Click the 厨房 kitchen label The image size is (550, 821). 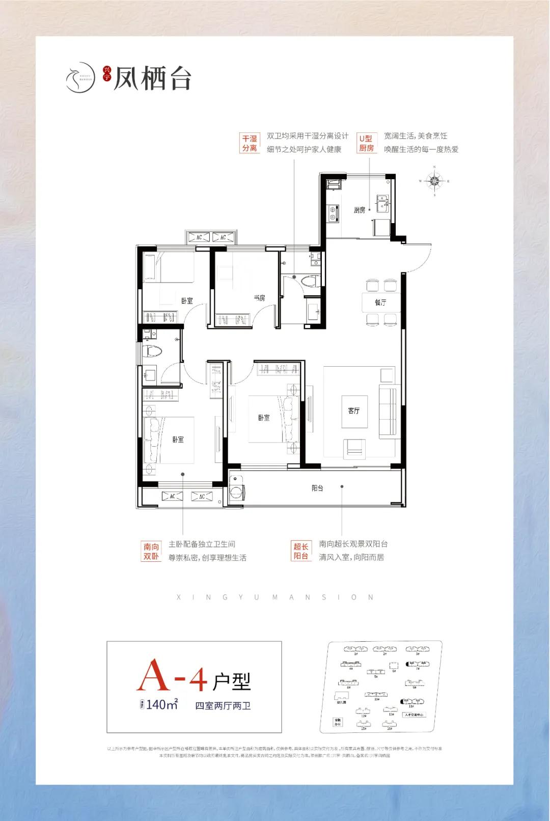[x=360, y=210]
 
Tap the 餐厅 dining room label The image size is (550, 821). [x=381, y=302]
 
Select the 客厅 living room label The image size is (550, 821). [x=354, y=410]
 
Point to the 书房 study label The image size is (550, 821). [x=259, y=298]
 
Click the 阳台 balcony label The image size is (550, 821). [x=317, y=488]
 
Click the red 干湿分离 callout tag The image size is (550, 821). [x=250, y=143]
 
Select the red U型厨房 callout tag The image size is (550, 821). [x=366, y=143]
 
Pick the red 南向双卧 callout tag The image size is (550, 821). [x=151, y=551]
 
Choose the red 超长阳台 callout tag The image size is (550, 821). [x=301, y=551]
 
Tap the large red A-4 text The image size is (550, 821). [x=174, y=675]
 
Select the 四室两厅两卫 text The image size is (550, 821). [x=224, y=705]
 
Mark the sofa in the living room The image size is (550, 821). [x=389, y=411]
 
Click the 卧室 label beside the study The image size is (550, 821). [x=187, y=300]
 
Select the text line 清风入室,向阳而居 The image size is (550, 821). [x=351, y=557]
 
